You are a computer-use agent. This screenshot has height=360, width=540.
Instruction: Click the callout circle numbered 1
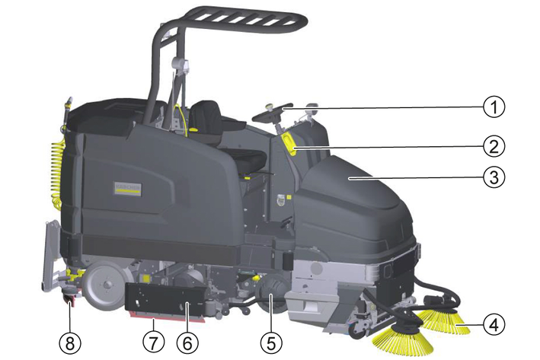click(494, 107)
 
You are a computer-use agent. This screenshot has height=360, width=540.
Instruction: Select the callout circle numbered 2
click(494, 146)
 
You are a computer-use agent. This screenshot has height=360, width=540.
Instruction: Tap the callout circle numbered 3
click(494, 177)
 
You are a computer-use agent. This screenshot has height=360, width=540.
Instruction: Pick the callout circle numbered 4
click(494, 324)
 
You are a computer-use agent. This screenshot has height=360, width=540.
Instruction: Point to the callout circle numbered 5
click(271, 342)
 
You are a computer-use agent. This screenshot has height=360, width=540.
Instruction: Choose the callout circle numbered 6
click(187, 342)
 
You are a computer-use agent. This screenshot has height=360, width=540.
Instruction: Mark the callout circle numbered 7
click(154, 342)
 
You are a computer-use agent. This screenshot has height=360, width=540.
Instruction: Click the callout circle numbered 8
click(70, 342)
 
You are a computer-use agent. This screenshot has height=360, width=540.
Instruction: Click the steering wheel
click(272, 113)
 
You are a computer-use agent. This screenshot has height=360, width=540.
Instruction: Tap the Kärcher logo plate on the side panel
click(128, 189)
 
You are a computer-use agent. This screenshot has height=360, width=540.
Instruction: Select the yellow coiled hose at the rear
click(57, 171)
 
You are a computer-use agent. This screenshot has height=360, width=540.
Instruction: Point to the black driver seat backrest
click(206, 118)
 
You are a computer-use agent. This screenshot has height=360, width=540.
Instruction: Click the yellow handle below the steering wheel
click(289, 144)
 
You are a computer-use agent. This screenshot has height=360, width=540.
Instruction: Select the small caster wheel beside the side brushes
click(356, 331)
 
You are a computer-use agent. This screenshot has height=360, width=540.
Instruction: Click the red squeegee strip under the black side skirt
click(167, 317)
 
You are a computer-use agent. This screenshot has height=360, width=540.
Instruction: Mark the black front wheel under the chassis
click(272, 295)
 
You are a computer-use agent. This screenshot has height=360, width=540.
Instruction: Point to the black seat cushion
click(248, 159)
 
